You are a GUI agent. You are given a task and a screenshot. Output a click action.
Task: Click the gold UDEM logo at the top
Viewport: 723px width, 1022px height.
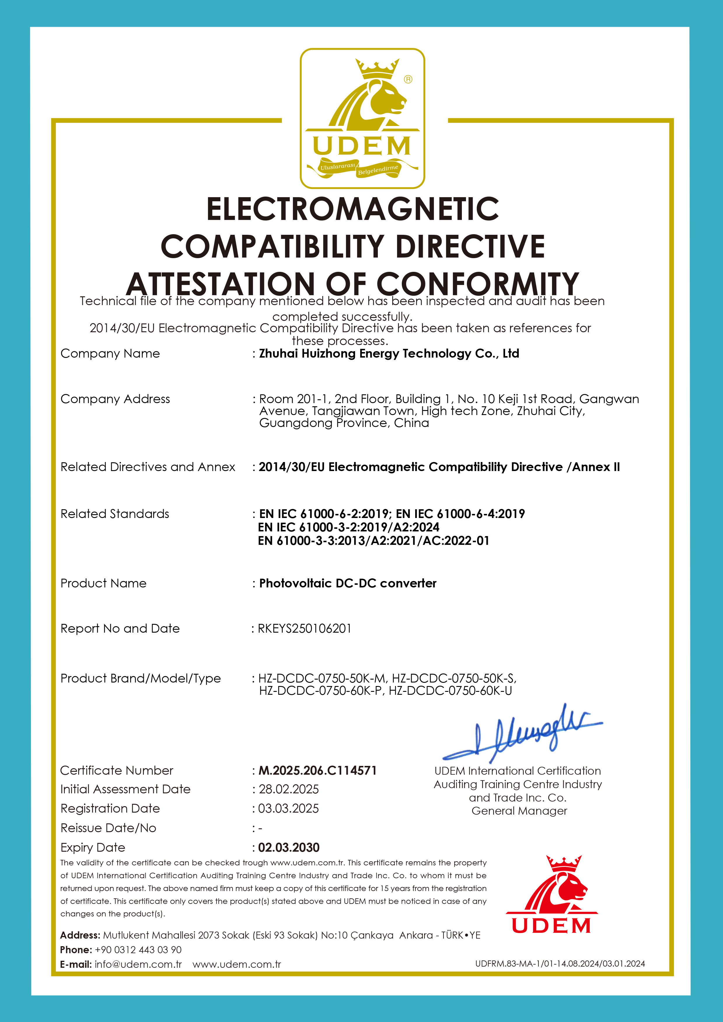(362, 118)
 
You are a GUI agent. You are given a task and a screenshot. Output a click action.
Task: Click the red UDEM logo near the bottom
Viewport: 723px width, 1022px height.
(552, 895)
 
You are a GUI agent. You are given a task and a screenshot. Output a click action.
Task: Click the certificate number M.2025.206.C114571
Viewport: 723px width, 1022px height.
(318, 771)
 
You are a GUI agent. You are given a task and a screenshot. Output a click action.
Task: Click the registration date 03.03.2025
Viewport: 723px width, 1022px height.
(289, 808)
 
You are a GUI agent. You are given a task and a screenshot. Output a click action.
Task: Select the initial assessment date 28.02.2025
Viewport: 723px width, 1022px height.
(289, 789)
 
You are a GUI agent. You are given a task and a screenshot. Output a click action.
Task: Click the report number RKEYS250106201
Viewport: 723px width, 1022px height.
(305, 629)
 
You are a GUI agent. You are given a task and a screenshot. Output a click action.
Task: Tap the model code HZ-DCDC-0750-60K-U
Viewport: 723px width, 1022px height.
(450, 691)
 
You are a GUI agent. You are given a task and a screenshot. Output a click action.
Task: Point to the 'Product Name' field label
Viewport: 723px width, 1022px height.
(103, 583)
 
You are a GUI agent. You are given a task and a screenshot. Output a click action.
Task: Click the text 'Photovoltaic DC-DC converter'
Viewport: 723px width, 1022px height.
(348, 583)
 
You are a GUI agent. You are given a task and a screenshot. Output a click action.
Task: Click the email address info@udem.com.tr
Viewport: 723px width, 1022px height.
(138, 964)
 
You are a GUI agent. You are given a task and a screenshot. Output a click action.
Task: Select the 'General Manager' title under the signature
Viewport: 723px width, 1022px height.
(519, 811)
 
